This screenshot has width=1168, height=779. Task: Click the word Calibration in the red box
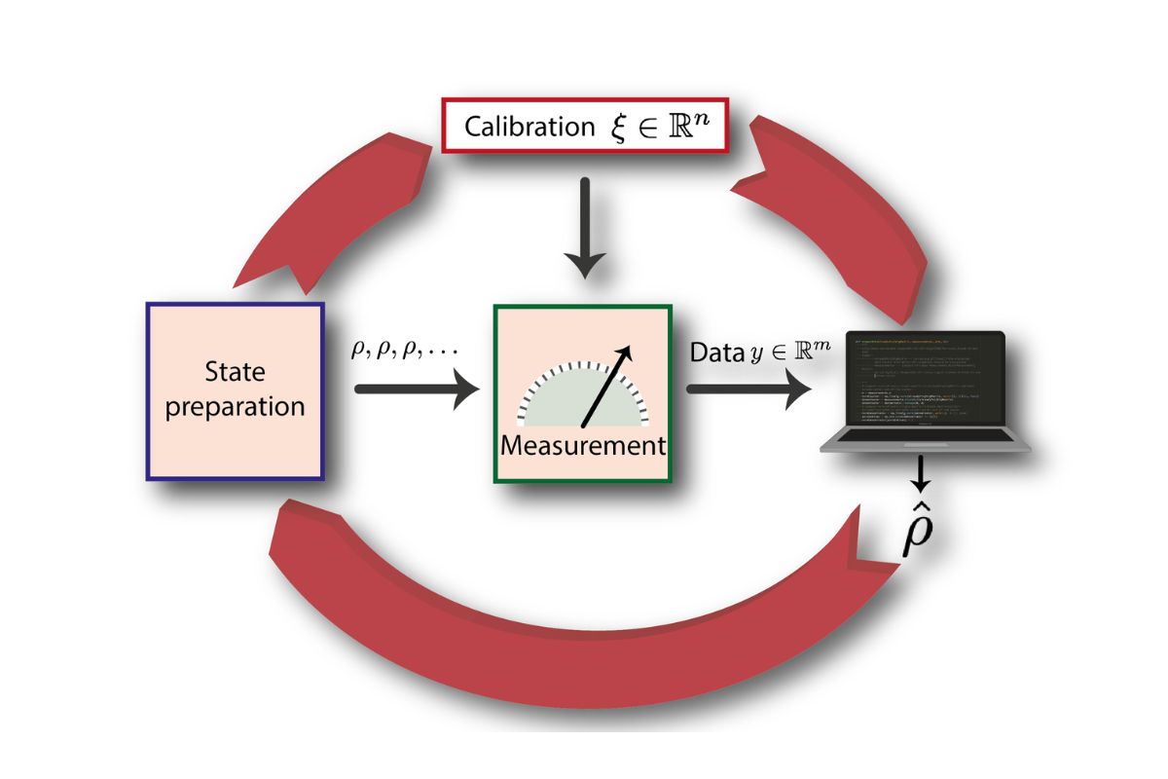point(529,127)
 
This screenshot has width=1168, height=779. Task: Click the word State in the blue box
point(235,372)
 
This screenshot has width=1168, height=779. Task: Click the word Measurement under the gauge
point(582,447)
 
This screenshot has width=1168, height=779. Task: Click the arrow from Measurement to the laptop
point(749,389)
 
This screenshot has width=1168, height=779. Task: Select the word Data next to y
point(716,352)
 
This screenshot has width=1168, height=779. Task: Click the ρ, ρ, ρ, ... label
point(404,349)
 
